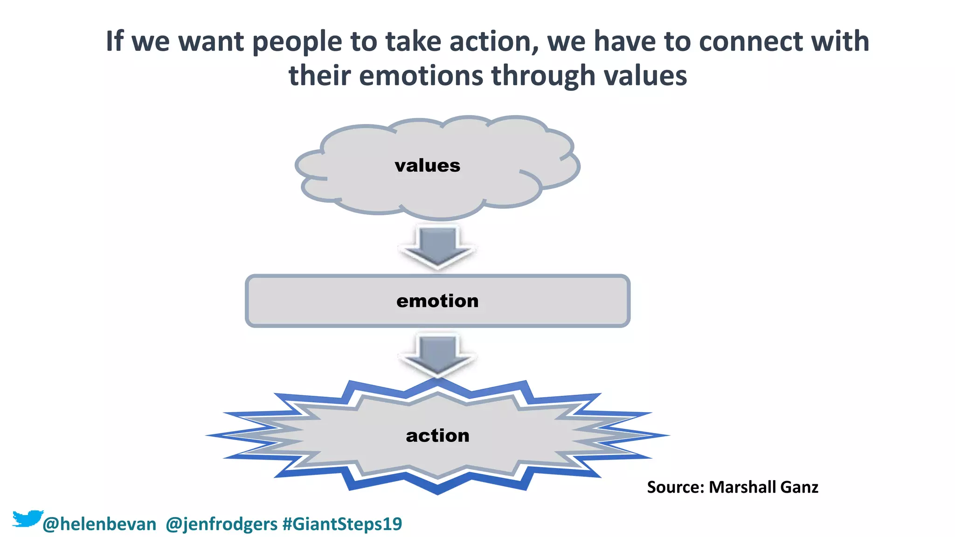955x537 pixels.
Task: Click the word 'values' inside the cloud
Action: click(x=427, y=165)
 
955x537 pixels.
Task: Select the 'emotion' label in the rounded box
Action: click(x=437, y=301)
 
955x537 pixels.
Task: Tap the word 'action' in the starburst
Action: click(x=437, y=435)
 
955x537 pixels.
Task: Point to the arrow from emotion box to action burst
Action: click(x=437, y=354)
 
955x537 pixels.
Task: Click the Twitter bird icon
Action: click(x=27, y=518)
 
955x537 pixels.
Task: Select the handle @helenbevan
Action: click(x=99, y=524)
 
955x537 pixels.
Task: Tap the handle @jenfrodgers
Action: click(x=221, y=524)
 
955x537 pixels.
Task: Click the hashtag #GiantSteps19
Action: click(x=342, y=524)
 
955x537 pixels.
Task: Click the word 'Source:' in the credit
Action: click(x=675, y=487)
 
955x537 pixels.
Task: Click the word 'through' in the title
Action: click(x=543, y=76)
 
